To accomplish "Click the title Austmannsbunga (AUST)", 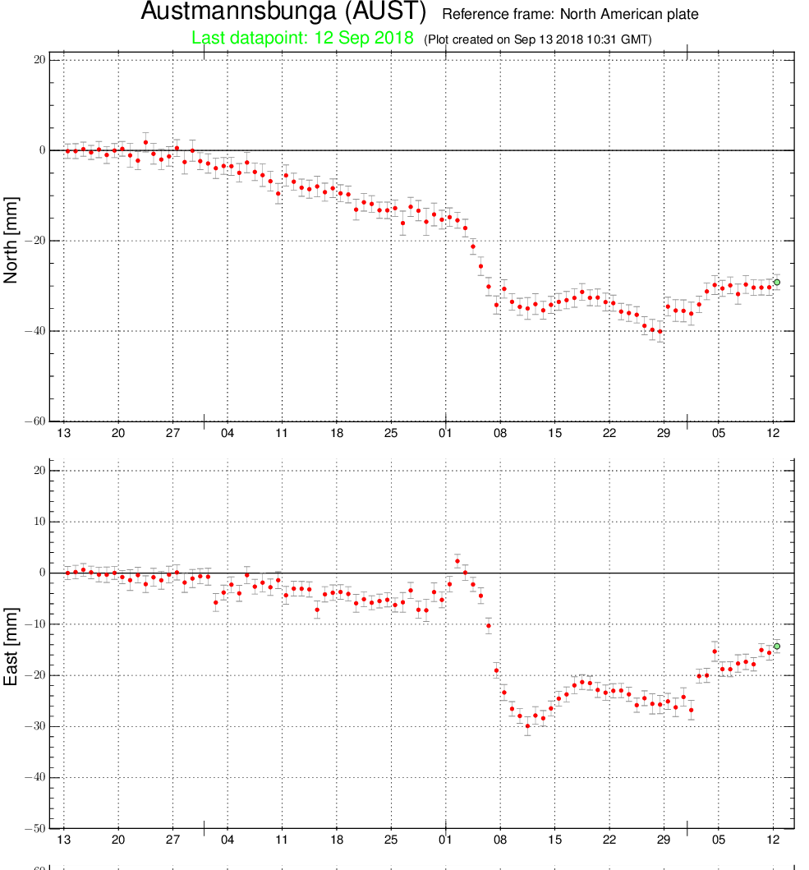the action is pyautogui.click(x=283, y=12).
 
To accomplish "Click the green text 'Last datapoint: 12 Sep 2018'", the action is pyautogui.click(x=302, y=38).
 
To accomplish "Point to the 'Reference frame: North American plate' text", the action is pyautogui.click(x=570, y=15).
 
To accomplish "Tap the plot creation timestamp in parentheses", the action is pyautogui.click(x=538, y=39).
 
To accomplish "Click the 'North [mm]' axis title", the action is pyautogui.click(x=11, y=240).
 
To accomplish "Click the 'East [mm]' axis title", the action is pyautogui.click(x=11, y=647).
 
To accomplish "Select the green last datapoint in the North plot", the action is pyautogui.click(x=777, y=283).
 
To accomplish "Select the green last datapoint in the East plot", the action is pyautogui.click(x=777, y=647).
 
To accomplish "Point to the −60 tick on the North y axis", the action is pyautogui.click(x=35, y=421).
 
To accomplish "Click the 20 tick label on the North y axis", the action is pyautogui.click(x=39, y=60).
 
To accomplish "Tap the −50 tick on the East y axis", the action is pyautogui.click(x=35, y=828).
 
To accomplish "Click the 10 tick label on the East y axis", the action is pyautogui.click(x=39, y=522).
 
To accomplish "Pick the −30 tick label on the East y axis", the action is pyautogui.click(x=35, y=726).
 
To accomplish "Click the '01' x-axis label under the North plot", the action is pyautogui.click(x=445, y=433).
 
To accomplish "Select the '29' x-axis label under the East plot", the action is pyautogui.click(x=664, y=840).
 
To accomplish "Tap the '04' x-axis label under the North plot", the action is pyautogui.click(x=227, y=433).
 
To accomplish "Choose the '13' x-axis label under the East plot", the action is pyautogui.click(x=64, y=840).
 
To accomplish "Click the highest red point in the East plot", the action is pyautogui.click(x=457, y=561).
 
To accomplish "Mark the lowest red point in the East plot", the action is pyautogui.click(x=527, y=726).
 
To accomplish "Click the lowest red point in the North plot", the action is pyautogui.click(x=660, y=332).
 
